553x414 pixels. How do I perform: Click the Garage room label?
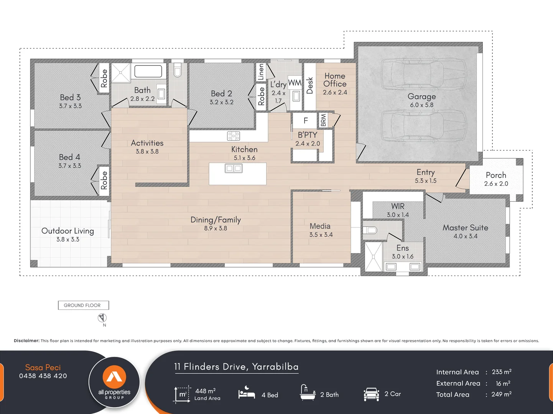(x=421, y=97)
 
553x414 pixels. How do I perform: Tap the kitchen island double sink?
(x=234, y=168)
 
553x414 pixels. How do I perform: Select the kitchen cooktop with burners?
(x=234, y=136)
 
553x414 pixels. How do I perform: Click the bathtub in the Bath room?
(x=148, y=71)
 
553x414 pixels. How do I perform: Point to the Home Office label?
(x=334, y=80)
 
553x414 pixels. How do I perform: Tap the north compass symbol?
(x=102, y=318)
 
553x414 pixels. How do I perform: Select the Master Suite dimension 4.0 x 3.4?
(x=465, y=236)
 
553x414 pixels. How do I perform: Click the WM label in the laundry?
(x=295, y=83)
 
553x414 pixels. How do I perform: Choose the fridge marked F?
(x=306, y=121)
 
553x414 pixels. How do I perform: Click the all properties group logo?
(x=114, y=382)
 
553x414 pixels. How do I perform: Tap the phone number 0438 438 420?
(x=43, y=376)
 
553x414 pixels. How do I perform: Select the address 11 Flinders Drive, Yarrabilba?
(x=236, y=367)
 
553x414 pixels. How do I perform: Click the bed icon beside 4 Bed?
(x=247, y=393)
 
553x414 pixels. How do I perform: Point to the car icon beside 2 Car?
(x=371, y=394)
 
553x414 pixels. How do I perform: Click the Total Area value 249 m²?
(x=501, y=394)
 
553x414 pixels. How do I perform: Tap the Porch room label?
(x=496, y=175)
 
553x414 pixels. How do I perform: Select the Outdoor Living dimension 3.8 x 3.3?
(x=68, y=240)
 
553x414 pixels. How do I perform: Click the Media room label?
(x=320, y=226)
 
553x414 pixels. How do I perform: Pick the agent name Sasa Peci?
(x=43, y=367)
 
